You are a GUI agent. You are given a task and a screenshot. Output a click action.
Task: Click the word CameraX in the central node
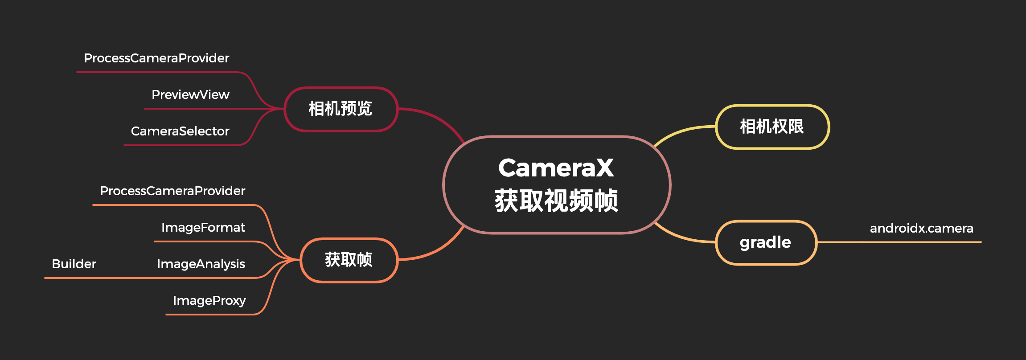coord(556,168)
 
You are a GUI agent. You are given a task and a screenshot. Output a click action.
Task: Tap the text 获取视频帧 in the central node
coord(556,200)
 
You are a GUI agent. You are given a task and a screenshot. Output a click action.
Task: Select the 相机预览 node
coord(341,109)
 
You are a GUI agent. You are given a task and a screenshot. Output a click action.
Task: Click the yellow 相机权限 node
coord(772,127)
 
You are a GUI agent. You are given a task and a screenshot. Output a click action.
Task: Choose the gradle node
coord(766,242)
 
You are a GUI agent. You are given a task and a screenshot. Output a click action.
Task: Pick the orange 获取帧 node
coord(349,260)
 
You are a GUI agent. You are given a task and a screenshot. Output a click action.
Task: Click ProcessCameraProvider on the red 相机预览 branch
coord(156,58)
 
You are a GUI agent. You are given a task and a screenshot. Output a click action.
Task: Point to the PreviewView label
coord(190,95)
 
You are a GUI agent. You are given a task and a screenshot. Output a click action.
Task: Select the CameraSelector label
coord(180,131)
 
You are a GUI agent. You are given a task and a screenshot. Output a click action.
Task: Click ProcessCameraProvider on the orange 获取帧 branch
coord(172,191)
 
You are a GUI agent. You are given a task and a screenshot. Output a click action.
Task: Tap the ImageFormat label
coord(203,228)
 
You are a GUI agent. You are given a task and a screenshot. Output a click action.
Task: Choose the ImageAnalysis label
coord(201,264)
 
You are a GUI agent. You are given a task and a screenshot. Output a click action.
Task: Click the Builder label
coord(74,264)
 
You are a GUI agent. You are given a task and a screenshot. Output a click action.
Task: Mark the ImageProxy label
coord(209,301)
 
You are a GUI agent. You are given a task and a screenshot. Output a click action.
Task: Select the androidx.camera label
coord(921,229)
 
